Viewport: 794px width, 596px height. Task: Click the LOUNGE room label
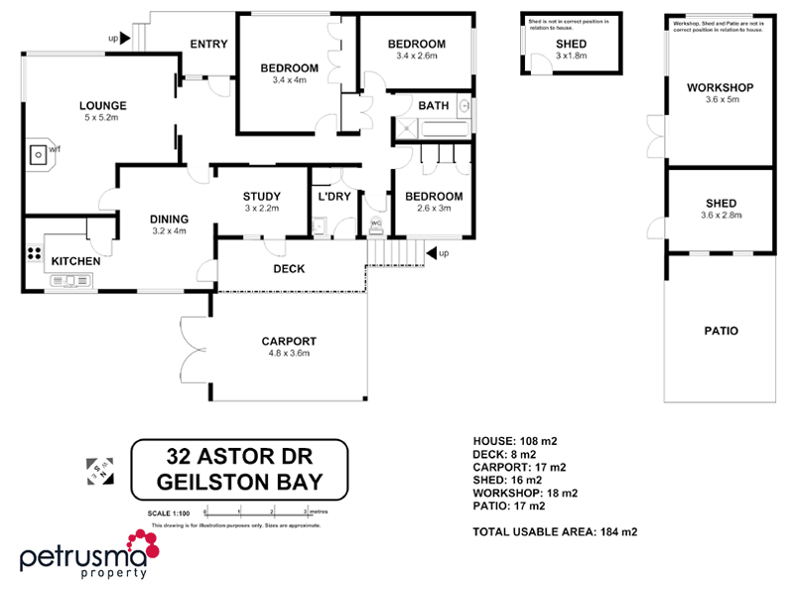(x=102, y=105)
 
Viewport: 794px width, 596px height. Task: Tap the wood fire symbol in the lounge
(x=39, y=155)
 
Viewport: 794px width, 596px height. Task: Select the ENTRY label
(x=208, y=43)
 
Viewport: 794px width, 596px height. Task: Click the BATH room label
(x=434, y=105)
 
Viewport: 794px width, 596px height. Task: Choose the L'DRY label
(x=333, y=197)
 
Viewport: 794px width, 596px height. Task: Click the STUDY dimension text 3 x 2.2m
(x=261, y=209)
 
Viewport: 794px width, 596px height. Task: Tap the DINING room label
(x=170, y=220)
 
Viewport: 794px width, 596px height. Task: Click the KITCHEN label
(x=75, y=261)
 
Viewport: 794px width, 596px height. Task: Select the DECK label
(x=288, y=269)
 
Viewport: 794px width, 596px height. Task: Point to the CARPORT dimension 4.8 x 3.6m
(x=289, y=354)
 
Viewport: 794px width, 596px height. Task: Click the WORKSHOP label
(x=721, y=87)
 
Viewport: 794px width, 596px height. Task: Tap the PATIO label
(x=722, y=332)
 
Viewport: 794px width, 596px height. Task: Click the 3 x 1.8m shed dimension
(x=571, y=57)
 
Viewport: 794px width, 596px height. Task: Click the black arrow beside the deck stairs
(x=433, y=254)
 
